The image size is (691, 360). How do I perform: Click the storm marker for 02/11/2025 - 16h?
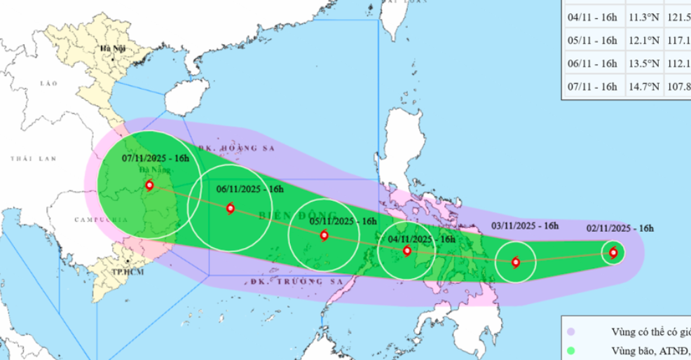tap(614, 252)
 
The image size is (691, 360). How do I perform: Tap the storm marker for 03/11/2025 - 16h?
tap(516, 263)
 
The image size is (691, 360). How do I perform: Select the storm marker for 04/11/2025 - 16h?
tap(407, 250)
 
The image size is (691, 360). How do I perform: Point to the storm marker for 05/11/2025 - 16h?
tap(324, 235)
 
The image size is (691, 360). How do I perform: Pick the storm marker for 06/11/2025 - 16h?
tap(231, 208)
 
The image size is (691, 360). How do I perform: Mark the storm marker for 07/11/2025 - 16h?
tap(149, 186)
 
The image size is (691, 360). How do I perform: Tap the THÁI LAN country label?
tap(32, 160)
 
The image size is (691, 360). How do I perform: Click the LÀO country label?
tap(48, 83)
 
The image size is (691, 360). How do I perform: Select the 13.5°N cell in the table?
tap(643, 64)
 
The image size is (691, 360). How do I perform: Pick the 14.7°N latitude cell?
tap(643, 87)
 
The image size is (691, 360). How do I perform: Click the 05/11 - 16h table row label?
tap(593, 41)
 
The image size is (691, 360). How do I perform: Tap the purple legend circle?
tap(572, 332)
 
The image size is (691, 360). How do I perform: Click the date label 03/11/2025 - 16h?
tap(524, 226)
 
